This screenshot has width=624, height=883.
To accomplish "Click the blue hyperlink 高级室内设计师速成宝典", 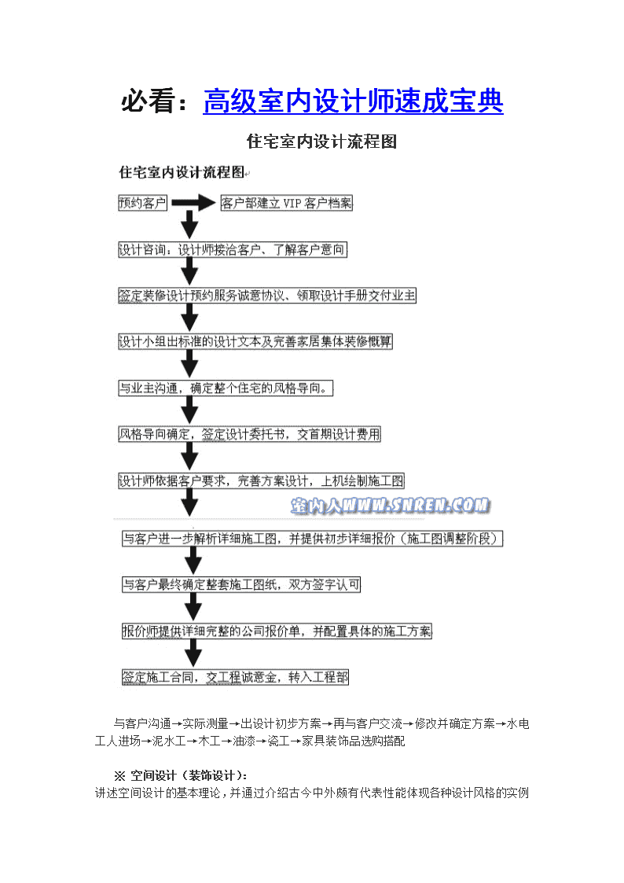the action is click(353, 101).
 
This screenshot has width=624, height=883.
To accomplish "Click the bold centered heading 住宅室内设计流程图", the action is click(321, 142).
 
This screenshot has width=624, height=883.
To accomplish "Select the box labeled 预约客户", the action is click(142, 203).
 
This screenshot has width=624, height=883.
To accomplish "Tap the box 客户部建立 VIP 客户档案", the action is click(286, 203).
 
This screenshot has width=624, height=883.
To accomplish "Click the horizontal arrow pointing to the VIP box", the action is click(193, 203).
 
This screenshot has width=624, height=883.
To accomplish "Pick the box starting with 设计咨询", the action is click(233, 249).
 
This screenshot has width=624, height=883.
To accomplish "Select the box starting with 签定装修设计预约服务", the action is click(266, 296).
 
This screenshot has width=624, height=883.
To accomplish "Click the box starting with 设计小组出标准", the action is click(255, 341).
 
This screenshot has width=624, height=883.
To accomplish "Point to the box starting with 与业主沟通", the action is click(225, 388).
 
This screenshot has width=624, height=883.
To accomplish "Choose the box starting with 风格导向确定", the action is click(249, 434).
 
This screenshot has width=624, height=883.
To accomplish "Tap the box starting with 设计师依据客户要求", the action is click(261, 481).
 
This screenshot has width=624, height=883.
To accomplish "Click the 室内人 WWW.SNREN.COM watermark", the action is click(391, 506).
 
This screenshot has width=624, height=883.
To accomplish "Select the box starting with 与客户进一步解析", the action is click(312, 539).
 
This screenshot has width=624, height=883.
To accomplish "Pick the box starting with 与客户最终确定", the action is click(240, 584).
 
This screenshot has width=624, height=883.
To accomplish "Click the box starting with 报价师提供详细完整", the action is click(277, 631).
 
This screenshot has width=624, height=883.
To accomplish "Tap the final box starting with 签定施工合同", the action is click(235, 678).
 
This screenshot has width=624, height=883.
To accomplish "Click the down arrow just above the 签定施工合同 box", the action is click(193, 653).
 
